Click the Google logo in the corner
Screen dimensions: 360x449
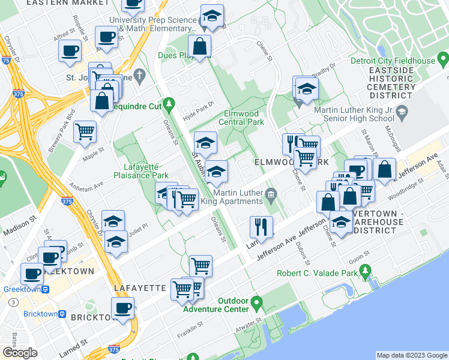coord(20,353)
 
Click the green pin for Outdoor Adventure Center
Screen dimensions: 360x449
coord(257,301)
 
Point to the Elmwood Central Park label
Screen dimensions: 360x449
coord(244,117)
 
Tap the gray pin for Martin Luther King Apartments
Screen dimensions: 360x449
coord(271,193)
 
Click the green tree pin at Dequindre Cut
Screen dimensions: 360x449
coord(169,103)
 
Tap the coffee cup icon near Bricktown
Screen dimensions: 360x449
coord(123,308)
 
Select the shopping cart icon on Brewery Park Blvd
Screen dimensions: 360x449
coord(85,131)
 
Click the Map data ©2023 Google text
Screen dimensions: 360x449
coord(412,355)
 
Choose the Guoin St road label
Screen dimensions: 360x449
coord(358,257)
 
